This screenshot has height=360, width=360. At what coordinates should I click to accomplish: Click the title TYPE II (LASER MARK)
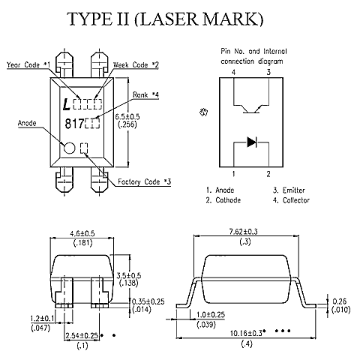pos(165,19)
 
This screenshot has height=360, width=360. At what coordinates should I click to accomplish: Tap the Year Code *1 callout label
pos(28,65)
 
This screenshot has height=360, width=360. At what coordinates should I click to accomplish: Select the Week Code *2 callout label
pos(136,65)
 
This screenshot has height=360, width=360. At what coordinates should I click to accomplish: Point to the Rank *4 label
pos(145,95)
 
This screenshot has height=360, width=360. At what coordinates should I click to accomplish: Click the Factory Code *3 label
pos(144,181)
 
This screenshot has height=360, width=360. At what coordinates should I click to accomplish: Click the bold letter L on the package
pos(66,104)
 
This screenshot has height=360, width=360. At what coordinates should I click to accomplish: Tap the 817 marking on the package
pos(74,124)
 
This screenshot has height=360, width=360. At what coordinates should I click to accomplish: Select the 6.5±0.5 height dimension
pos(127,117)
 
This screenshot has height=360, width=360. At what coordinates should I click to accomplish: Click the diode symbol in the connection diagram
pos(252,142)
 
